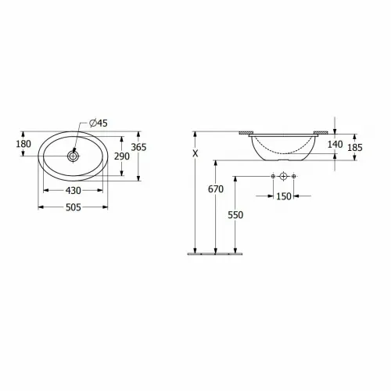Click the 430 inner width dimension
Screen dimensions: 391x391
[x=74, y=191]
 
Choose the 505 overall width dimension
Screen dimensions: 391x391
[x=74, y=208]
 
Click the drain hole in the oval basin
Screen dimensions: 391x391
[x=74, y=156]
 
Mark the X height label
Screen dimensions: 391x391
[x=195, y=154]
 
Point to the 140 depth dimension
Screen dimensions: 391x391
[x=335, y=144]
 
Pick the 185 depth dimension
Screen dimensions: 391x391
[x=356, y=146]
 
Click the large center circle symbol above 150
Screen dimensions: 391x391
[x=282, y=178]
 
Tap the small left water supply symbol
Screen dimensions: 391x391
[x=271, y=178]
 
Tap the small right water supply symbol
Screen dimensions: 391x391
[x=293, y=178]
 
